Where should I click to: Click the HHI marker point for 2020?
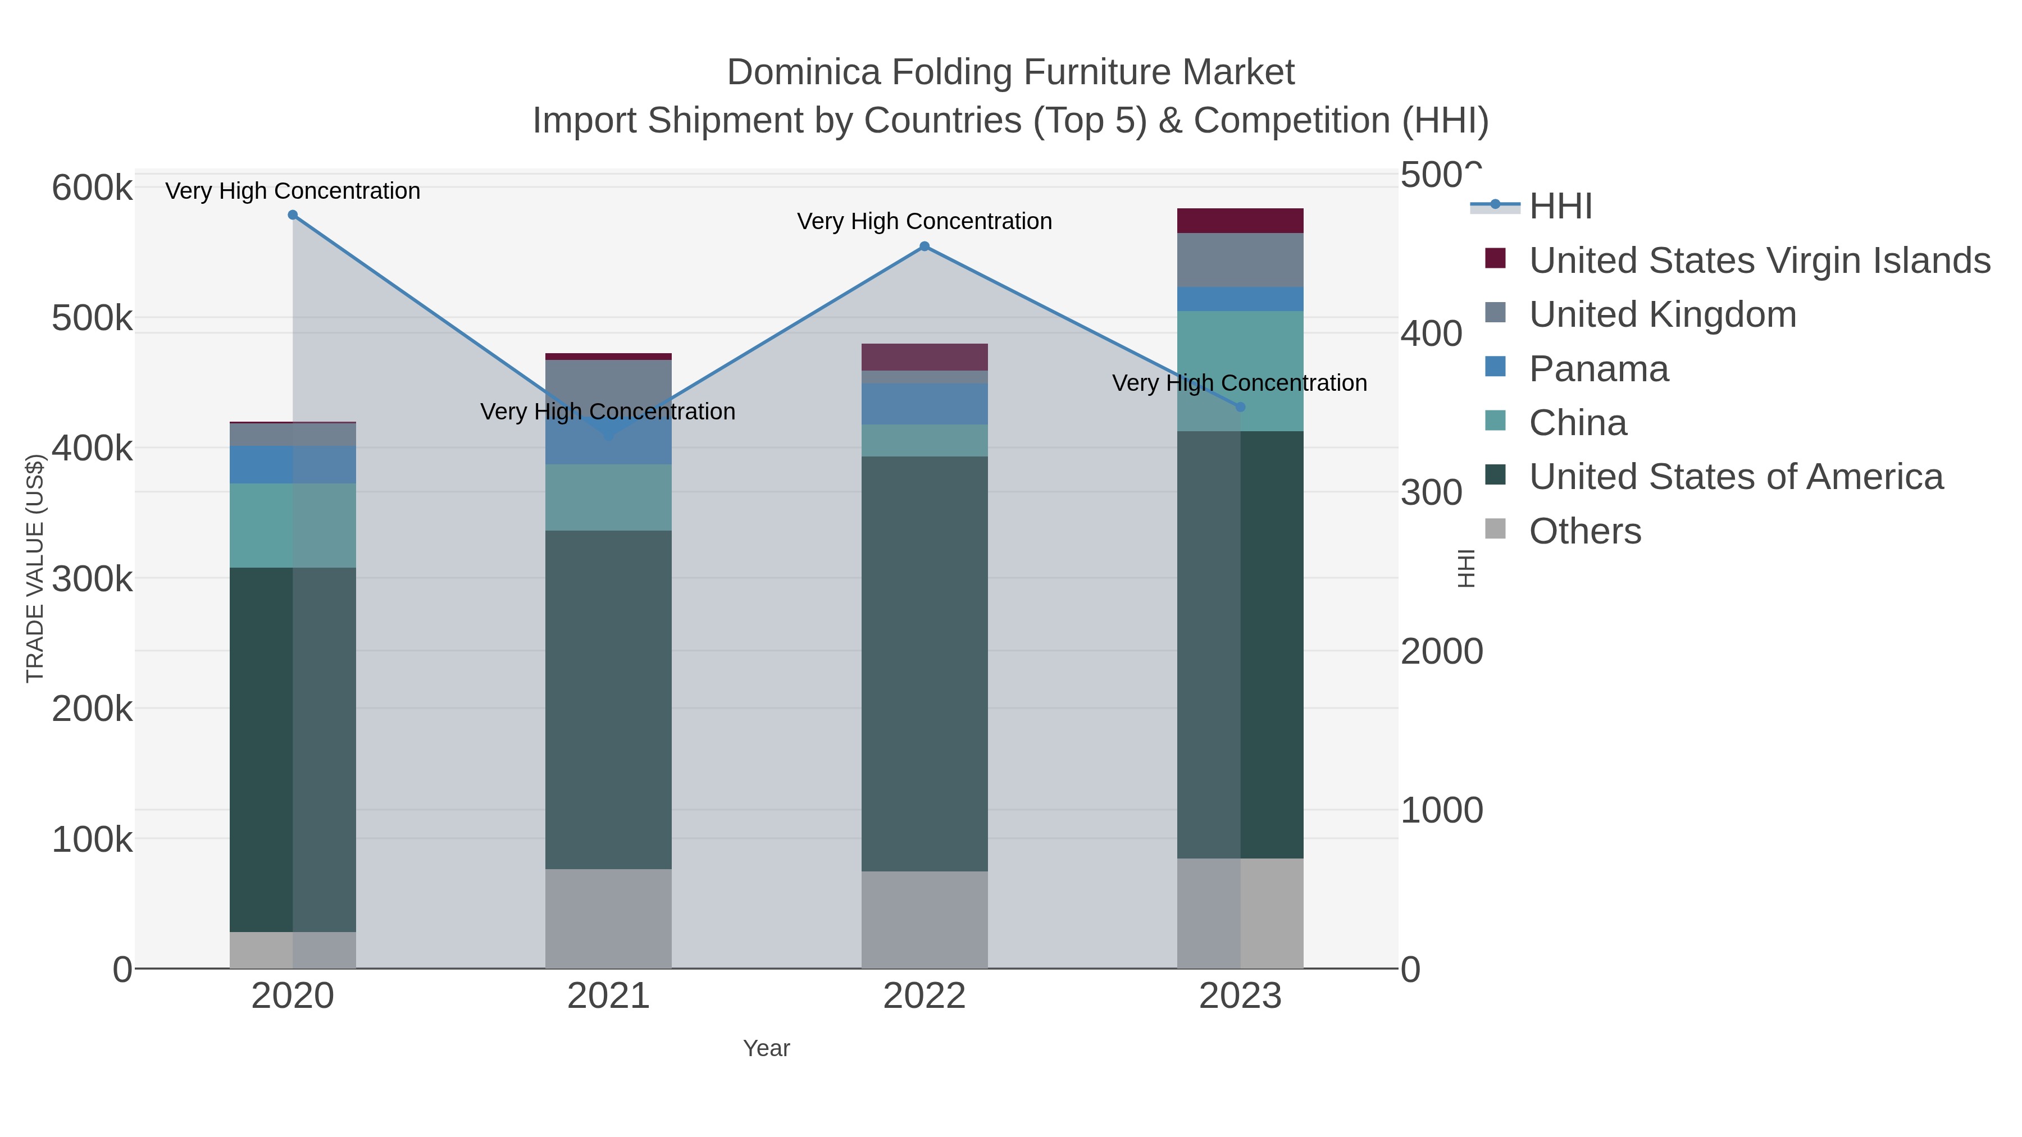click(293, 215)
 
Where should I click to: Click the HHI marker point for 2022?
click(924, 246)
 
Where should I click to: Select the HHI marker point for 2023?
click(1240, 407)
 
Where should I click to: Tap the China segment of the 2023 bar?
click(1240, 371)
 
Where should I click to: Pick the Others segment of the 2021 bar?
click(608, 918)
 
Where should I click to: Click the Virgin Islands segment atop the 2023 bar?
click(1240, 221)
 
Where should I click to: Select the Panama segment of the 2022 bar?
click(924, 404)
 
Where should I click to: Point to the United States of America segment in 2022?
click(924, 663)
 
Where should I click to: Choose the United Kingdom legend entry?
click(1662, 314)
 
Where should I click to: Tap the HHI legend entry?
click(1560, 207)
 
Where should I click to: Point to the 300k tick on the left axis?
click(92, 580)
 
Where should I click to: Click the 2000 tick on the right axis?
click(1441, 651)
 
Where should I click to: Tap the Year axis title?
click(766, 1048)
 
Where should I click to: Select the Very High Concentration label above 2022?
click(924, 221)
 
